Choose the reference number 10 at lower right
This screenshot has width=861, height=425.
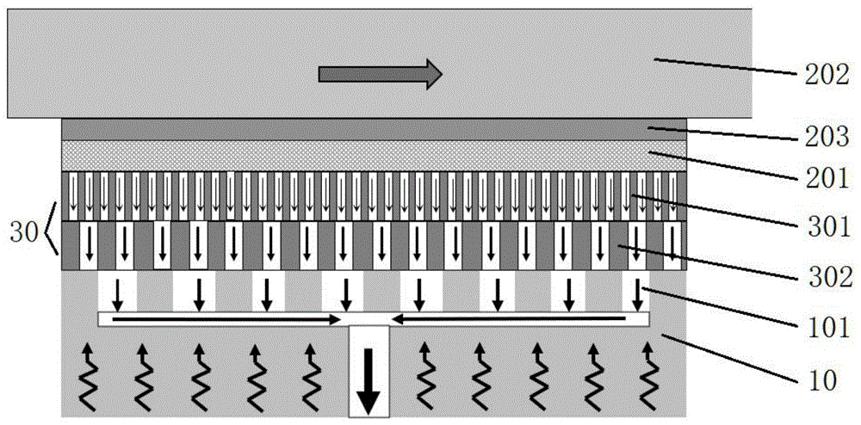pyautogui.click(x=824, y=379)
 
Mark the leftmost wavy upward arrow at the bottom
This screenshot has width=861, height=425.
pyautogui.click(x=88, y=375)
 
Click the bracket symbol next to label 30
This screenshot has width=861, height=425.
pyautogui.click(x=52, y=231)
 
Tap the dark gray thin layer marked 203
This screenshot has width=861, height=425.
pyautogui.click(x=375, y=129)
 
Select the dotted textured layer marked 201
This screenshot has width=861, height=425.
pyautogui.click(x=375, y=156)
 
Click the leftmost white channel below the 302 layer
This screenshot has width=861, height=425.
pyautogui.click(x=118, y=293)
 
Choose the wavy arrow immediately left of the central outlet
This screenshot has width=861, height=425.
pyautogui.click(x=313, y=375)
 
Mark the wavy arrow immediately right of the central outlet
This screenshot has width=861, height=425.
pyautogui.click(x=426, y=375)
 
